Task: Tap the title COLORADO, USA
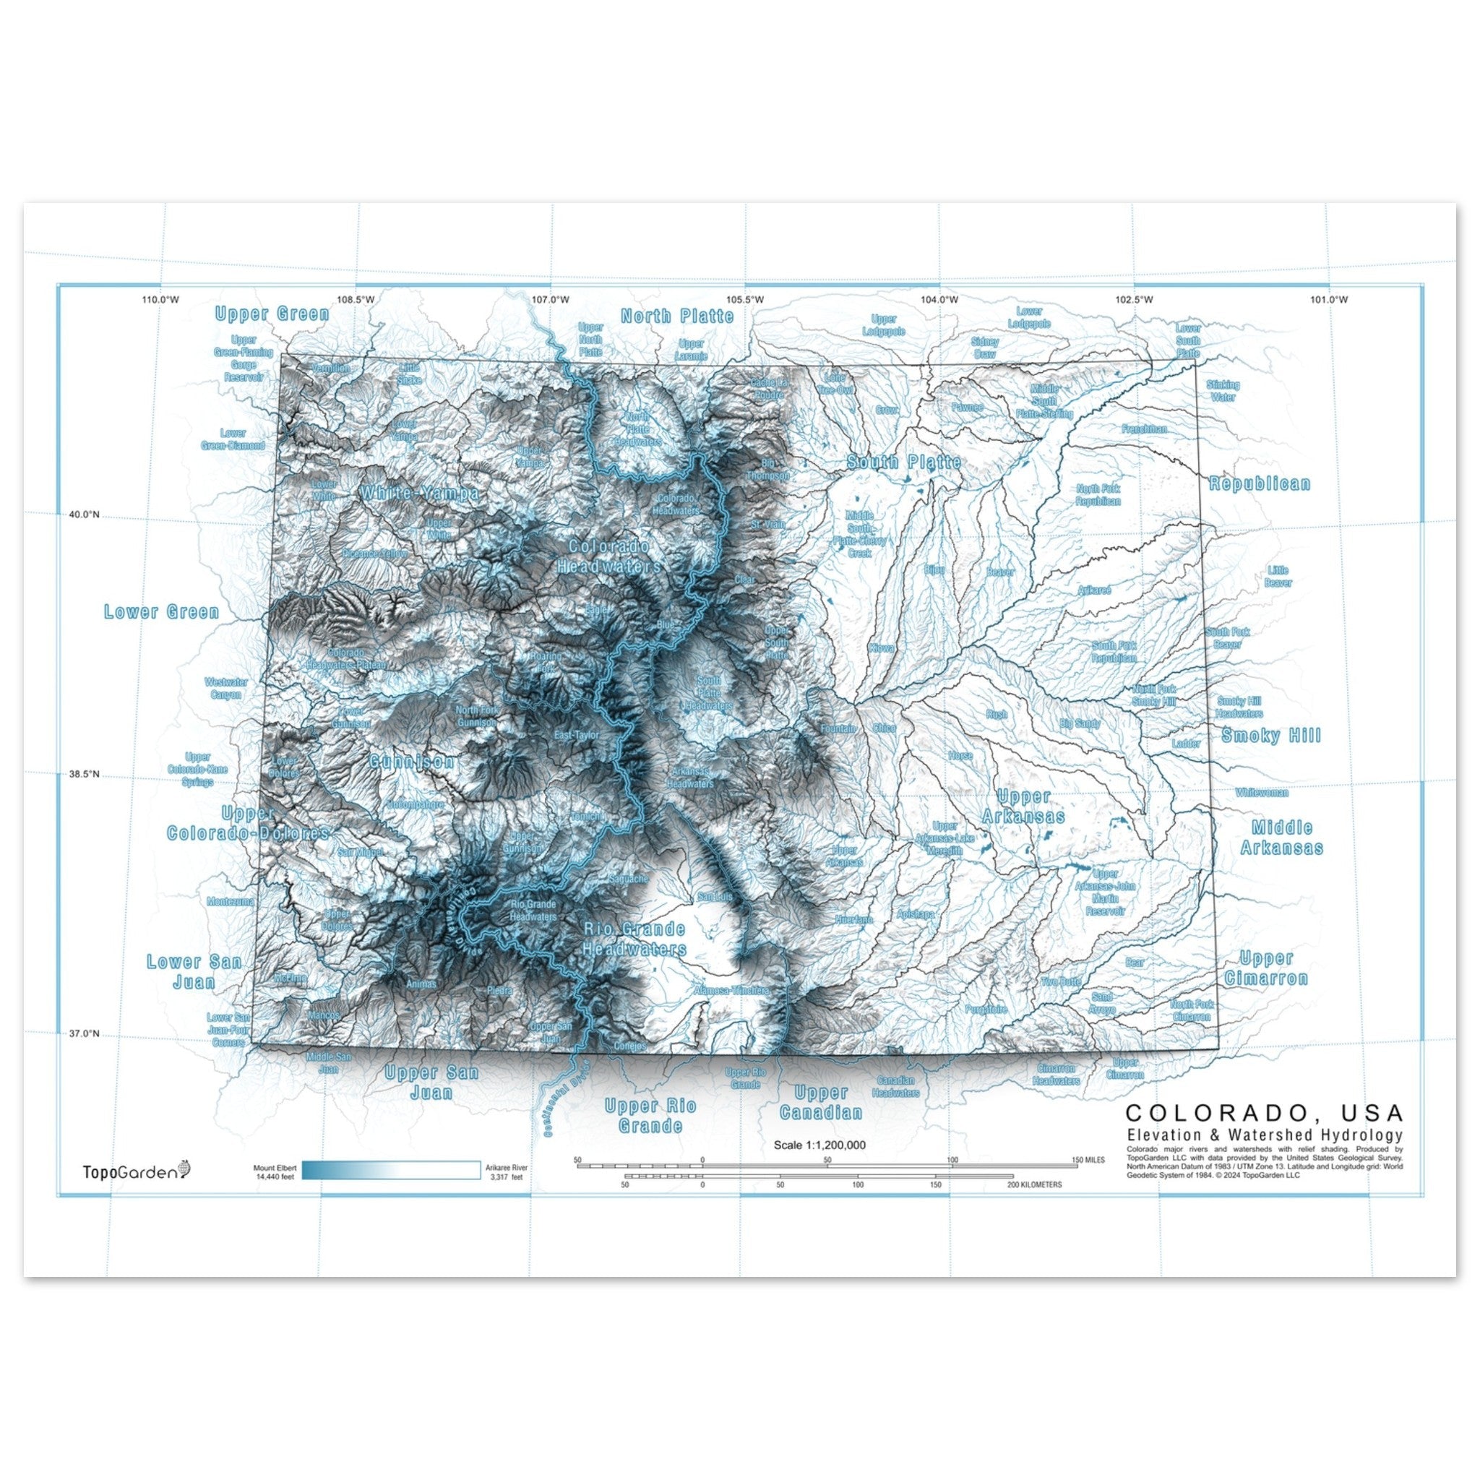[x=1264, y=1112]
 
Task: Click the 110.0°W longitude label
[x=161, y=299]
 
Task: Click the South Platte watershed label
[x=904, y=462]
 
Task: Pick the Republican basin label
[x=1260, y=484]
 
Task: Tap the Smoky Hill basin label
[x=1272, y=736]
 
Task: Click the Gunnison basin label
[x=412, y=762]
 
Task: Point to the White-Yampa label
[x=420, y=494]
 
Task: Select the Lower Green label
[x=162, y=612]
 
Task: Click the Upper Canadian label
[x=820, y=1102]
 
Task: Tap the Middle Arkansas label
[x=1281, y=838]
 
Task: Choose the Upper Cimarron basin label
[x=1265, y=968]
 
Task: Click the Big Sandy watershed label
[x=1080, y=723]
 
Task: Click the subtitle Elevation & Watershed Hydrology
[x=1264, y=1135]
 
